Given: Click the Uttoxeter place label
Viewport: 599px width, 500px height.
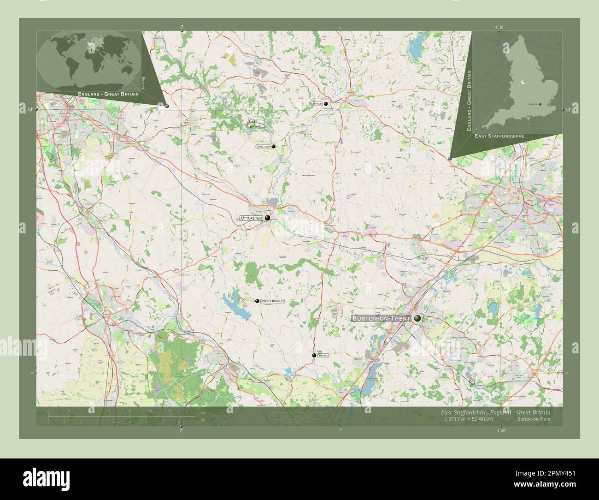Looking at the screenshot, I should tap(250, 218).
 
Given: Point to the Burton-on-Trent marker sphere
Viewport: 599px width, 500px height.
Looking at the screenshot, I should tap(417, 318).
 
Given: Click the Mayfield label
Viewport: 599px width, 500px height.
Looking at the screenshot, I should tap(316, 104).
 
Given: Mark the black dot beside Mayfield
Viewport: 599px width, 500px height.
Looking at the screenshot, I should tap(326, 104).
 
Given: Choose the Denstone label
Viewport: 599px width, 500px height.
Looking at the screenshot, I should tap(263, 146).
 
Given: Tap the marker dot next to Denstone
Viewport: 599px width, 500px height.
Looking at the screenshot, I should tap(274, 146).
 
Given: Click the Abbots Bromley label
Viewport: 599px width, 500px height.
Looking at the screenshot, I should tap(272, 301).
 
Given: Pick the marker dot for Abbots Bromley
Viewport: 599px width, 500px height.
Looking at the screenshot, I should tap(257, 301).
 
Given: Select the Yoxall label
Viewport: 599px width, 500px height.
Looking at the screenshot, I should tap(323, 356).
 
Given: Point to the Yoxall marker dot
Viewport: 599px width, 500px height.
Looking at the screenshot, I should tap(314, 356).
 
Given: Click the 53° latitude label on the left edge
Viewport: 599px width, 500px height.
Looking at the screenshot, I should tap(29, 109).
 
